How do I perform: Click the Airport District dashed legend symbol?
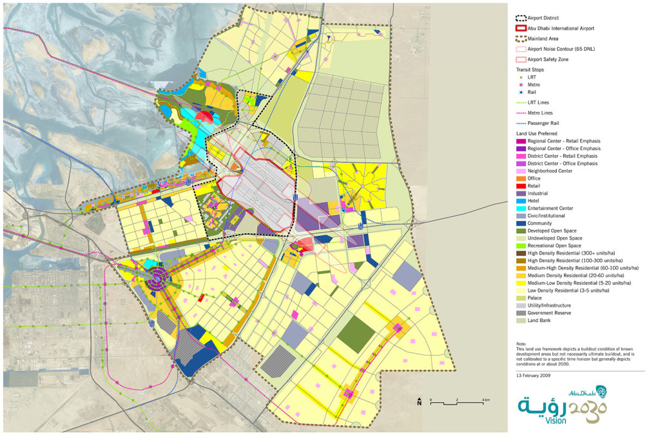(521, 18)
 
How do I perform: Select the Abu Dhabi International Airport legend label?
(561, 28)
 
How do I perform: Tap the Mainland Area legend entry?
(545, 39)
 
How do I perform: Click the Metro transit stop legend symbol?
(521, 84)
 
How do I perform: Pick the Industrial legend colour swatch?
(521, 193)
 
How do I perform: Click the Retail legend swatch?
(521, 186)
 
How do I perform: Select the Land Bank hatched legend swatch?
(521, 319)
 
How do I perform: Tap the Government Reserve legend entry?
(550, 312)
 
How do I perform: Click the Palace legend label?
(535, 298)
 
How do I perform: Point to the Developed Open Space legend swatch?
(521, 230)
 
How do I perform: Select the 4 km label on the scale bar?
(485, 401)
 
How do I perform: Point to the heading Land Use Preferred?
(539, 133)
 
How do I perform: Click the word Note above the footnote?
(522, 343)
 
